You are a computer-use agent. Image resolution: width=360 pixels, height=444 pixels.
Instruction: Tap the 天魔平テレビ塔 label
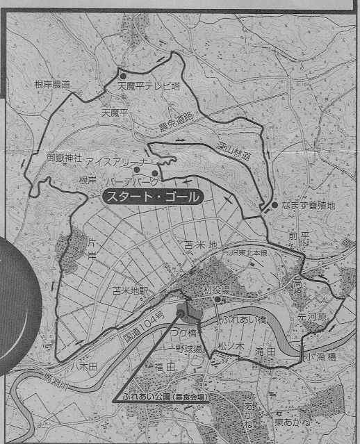pyautogui.click(x=147, y=88)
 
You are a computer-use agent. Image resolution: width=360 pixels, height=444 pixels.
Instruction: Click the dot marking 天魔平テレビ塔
pyautogui.click(x=122, y=76)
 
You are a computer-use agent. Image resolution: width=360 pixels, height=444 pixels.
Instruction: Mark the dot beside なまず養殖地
pyautogui.click(x=275, y=206)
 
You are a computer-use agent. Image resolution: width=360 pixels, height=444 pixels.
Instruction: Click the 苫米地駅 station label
pyautogui.click(x=132, y=292)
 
